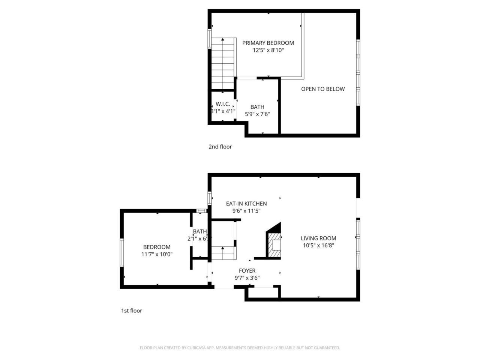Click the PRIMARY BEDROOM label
pyautogui.click(x=268, y=43)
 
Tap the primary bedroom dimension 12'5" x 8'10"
pyautogui.click(x=268, y=50)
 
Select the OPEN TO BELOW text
pyautogui.click(x=322, y=89)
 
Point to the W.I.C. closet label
pyautogui.click(x=223, y=104)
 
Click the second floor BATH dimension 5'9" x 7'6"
pyautogui.click(x=257, y=114)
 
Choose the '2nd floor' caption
pyautogui.click(x=220, y=147)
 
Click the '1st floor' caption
pyautogui.click(x=131, y=310)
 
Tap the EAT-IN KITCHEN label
pyautogui.click(x=246, y=204)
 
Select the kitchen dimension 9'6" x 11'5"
pyautogui.click(x=246, y=211)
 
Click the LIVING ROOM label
pyautogui.click(x=318, y=238)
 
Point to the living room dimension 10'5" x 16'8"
pyautogui.click(x=318, y=246)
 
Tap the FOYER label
pyautogui.click(x=247, y=271)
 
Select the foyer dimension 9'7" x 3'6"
pyautogui.click(x=247, y=278)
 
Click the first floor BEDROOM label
pyautogui.click(x=157, y=247)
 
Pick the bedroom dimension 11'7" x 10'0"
pyautogui.click(x=157, y=254)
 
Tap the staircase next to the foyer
pyautogui.click(x=223, y=253)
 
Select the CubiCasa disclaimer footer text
pyautogui.click(x=240, y=348)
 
